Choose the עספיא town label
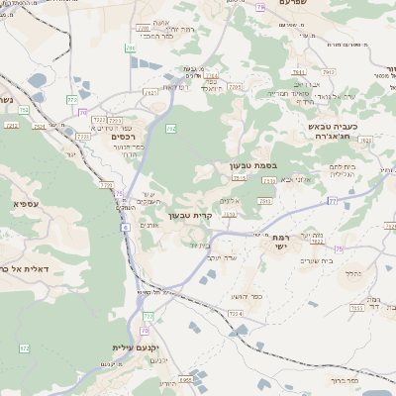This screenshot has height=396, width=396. click(x=26, y=203)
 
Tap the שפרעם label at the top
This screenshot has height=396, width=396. click(x=299, y=4)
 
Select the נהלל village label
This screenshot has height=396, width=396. click(x=351, y=272)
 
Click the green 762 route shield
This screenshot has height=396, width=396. click(x=171, y=129)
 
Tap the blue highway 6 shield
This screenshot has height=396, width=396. click(x=126, y=227)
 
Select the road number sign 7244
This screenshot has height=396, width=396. click(x=235, y=313)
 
